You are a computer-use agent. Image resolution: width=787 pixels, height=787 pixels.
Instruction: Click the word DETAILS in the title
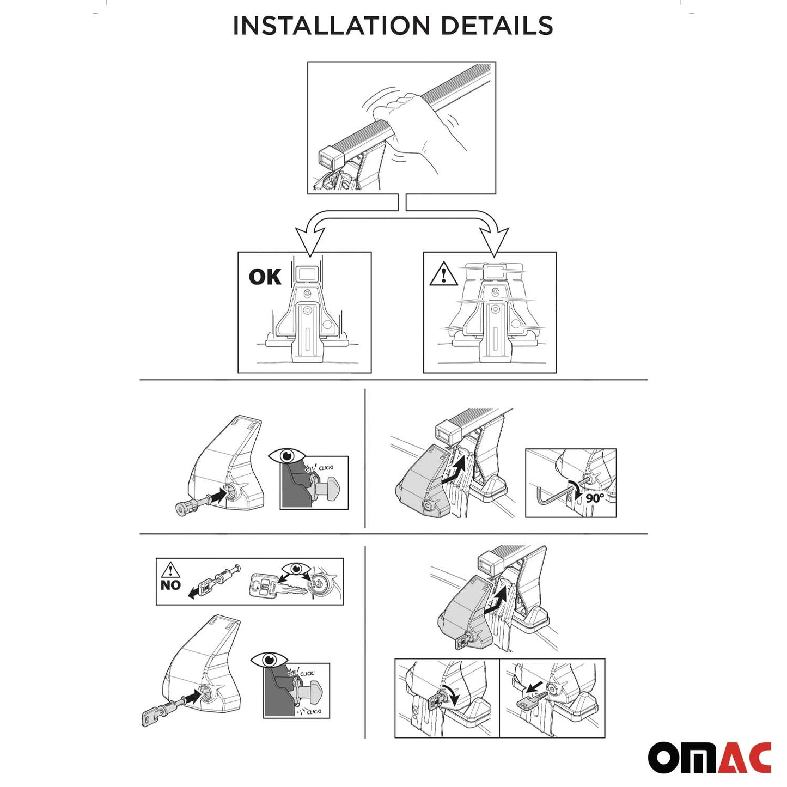pos(497,26)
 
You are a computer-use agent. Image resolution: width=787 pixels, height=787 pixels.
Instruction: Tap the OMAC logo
pos(709,757)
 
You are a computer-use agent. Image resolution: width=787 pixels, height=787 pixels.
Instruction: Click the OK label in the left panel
pos(265,277)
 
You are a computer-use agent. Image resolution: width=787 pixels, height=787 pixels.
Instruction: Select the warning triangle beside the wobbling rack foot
pos(443,274)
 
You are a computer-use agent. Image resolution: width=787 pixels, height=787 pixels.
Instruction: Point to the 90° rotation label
pos(595,498)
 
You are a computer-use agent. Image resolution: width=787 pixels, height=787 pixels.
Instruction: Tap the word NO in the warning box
pos(170,585)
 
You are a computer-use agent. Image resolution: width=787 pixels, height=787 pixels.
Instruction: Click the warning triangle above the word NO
pos(170,570)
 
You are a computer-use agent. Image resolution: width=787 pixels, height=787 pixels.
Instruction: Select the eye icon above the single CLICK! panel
pos(286,455)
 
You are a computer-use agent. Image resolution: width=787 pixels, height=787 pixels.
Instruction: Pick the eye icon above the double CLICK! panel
pos(269,661)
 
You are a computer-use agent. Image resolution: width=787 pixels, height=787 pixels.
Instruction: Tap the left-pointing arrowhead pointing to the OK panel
pos(309,242)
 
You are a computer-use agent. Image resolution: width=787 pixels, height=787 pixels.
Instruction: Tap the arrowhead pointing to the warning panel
pos(493,242)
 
